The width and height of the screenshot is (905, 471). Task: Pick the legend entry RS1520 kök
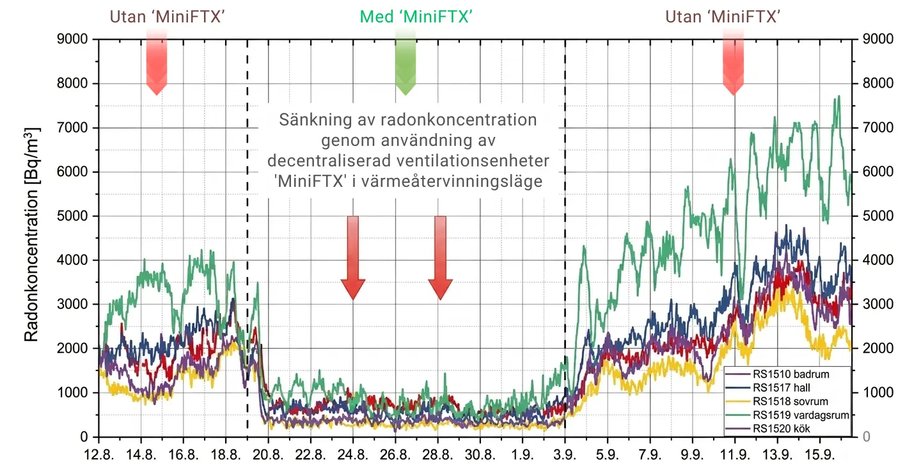tap(782, 428)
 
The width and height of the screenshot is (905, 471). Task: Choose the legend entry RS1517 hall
tap(780, 387)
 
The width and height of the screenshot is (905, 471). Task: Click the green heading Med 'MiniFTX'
tap(416, 17)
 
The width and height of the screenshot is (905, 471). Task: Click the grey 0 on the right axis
tap(867, 437)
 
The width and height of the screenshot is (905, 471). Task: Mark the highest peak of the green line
tap(838, 97)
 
